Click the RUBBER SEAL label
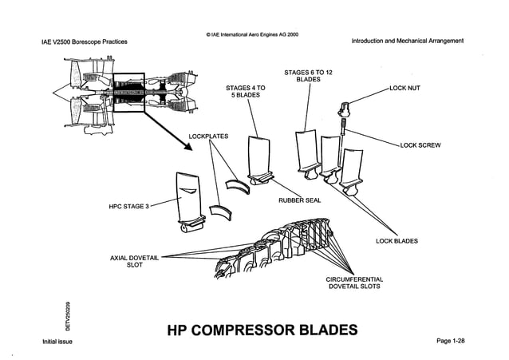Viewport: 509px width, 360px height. pos(299,200)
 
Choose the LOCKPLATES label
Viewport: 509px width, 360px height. pos(209,136)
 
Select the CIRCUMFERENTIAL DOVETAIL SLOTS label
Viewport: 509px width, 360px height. pos(354,282)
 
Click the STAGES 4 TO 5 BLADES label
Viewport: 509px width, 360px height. pos(246,91)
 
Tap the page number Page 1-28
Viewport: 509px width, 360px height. pos(450,341)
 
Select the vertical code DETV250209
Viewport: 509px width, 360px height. pos(69,314)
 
